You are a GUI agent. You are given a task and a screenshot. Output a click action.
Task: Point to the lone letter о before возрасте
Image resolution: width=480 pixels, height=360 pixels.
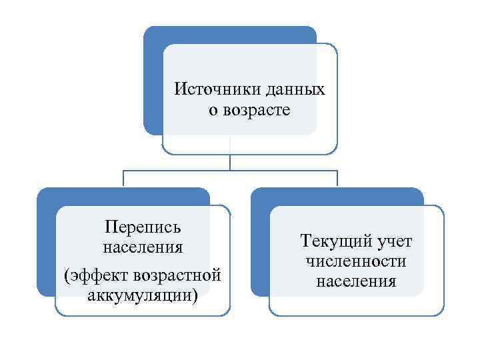click(213, 110)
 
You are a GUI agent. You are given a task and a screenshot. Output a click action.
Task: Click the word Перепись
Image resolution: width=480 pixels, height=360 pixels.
click(143, 228)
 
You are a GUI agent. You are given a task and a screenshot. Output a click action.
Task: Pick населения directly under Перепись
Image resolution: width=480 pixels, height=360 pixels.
click(143, 247)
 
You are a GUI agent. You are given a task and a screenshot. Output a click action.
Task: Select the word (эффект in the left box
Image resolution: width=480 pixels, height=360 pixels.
click(95, 275)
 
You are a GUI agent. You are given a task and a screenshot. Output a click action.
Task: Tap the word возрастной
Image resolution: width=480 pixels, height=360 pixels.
click(177, 275)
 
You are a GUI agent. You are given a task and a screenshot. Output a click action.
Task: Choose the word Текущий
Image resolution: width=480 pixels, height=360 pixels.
click(333, 240)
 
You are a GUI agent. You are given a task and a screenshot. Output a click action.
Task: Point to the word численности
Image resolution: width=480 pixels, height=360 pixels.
click(357, 261)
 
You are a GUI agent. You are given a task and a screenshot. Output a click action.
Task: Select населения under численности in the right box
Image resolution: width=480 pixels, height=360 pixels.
click(357, 281)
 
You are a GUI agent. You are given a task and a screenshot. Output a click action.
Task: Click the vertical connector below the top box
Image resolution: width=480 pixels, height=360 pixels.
click(230, 162)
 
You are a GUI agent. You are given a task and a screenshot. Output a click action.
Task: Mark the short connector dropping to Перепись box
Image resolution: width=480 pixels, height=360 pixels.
click(123, 178)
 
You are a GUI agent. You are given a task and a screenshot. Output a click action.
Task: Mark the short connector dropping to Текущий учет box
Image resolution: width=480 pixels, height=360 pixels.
click(337, 178)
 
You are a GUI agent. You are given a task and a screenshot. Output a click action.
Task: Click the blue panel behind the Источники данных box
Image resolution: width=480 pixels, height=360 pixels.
click(153, 80)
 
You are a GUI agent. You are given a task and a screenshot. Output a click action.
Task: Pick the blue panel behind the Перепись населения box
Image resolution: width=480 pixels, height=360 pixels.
click(45, 247)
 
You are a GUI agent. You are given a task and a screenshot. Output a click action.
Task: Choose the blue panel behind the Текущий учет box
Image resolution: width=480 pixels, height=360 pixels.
click(260, 247)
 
